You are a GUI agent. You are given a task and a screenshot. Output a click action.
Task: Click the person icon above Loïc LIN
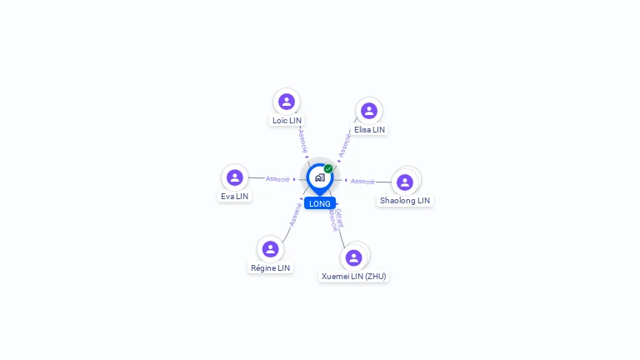[287, 102]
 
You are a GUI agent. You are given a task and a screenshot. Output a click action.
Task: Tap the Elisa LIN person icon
[369, 111]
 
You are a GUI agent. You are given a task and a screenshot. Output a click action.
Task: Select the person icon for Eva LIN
[235, 177]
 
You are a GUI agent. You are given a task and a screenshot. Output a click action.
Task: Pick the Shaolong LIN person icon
[405, 182]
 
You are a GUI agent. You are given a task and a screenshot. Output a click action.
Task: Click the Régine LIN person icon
[270, 249]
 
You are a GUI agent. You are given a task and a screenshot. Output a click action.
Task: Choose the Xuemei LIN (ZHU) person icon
[354, 257]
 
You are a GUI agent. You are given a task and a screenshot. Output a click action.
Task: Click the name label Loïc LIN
[287, 121]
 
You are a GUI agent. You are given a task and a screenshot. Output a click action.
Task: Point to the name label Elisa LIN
[369, 130]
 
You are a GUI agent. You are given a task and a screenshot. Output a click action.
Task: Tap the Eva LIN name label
[235, 197]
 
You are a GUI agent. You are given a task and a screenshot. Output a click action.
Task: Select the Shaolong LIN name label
[405, 201]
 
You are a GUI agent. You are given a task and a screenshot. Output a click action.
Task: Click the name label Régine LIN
[270, 268]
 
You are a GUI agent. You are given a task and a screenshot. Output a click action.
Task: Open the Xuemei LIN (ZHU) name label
[354, 277]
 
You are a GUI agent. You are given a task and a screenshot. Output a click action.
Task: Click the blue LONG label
[320, 203]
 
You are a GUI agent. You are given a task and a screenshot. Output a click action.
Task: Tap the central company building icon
[319, 177]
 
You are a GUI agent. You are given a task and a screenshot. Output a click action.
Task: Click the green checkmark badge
[328, 168]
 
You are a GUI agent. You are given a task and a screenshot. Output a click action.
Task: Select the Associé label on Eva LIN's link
[277, 179]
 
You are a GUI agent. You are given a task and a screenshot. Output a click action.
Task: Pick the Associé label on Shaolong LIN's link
[362, 181]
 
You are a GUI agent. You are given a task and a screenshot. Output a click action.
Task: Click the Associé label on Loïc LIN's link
[302, 139]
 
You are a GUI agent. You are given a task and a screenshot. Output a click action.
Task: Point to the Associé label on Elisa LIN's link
[345, 143]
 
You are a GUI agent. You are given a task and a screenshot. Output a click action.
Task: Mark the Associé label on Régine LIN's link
[294, 214]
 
